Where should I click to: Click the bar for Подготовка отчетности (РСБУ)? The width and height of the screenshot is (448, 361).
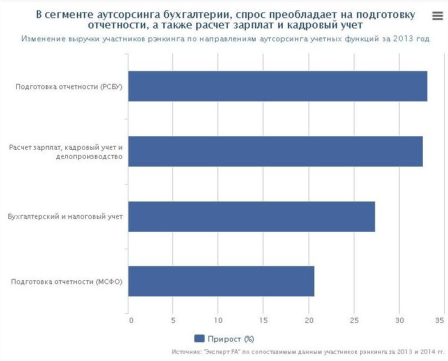pos(278,87)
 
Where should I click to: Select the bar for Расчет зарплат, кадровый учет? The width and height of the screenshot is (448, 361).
pos(276,151)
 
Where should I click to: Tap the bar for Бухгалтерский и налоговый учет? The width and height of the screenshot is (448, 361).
pos(252,216)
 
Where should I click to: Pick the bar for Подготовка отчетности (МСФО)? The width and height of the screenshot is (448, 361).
pos(222,281)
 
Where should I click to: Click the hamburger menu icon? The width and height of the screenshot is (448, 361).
pos(437,17)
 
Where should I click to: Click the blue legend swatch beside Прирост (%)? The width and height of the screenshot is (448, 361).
pos(199,338)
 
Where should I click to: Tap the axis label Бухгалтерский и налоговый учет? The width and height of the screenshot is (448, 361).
pos(65,216)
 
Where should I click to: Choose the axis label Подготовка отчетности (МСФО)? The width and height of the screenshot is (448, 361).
pos(67,282)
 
